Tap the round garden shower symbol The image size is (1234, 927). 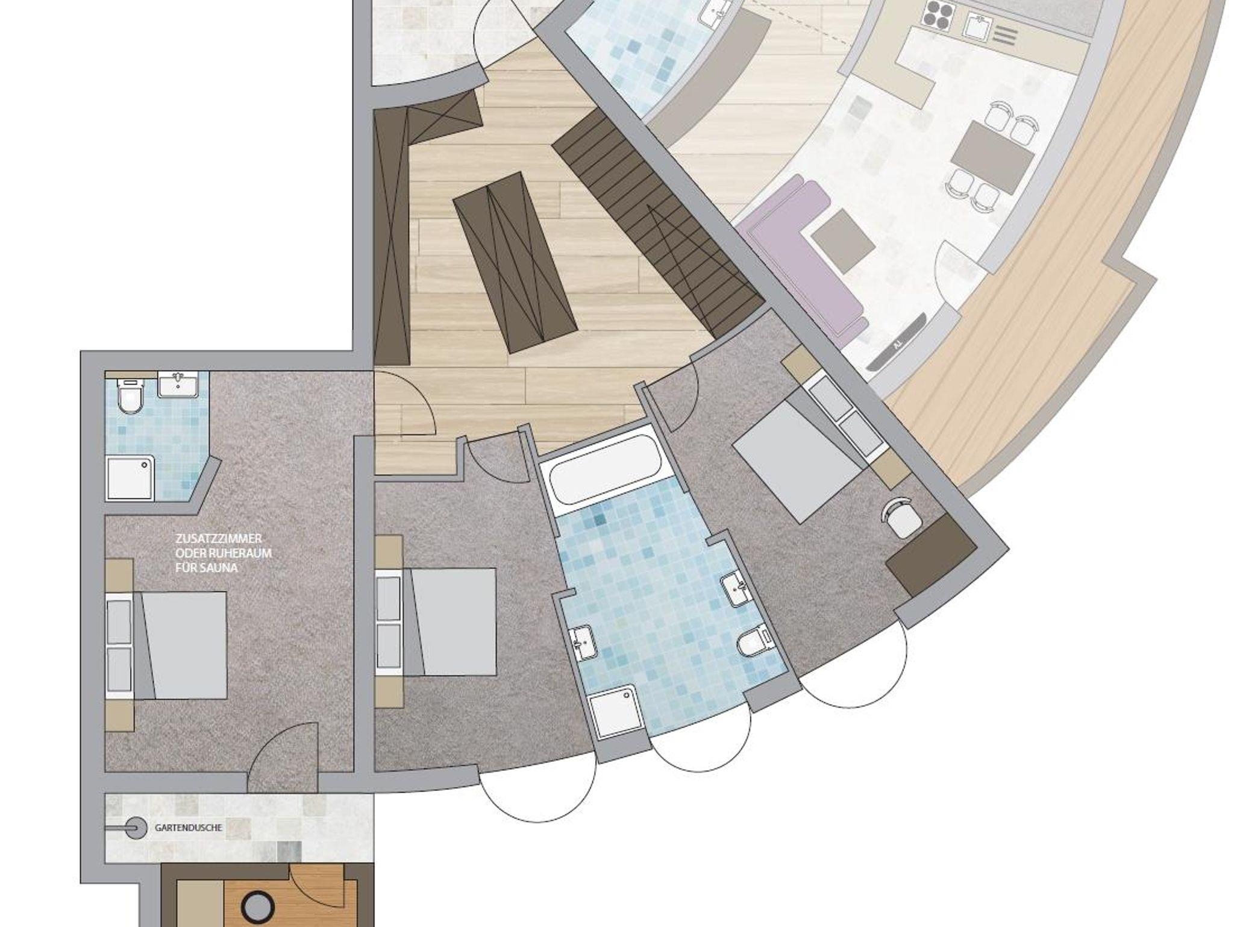tap(137, 828)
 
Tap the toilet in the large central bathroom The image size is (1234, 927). tap(753, 645)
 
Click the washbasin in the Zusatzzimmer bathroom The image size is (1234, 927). tap(178, 385)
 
